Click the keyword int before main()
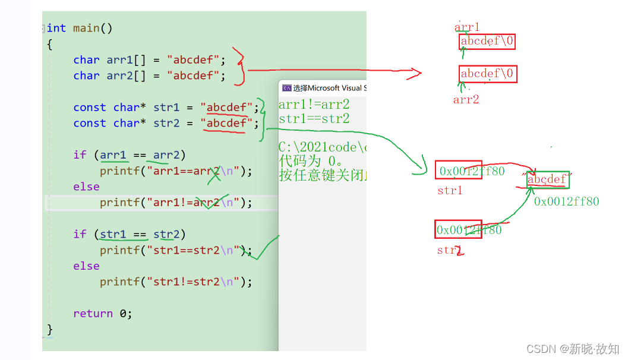pyautogui.click(x=56, y=28)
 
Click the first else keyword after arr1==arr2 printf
pyautogui.click(x=86, y=187)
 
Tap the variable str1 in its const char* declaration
pyautogui.click(x=166, y=108)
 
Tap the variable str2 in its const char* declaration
pyautogui.click(x=166, y=123)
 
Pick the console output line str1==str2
pyautogui.click(x=314, y=119)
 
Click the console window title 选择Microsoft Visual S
pyautogui.click(x=324, y=88)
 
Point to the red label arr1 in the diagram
pyautogui.click(x=467, y=27)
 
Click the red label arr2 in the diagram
pyautogui.click(x=466, y=100)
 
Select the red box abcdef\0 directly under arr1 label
pyautogui.click(x=487, y=42)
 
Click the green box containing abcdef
pyautogui.click(x=548, y=179)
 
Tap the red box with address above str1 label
pyautogui.click(x=458, y=171)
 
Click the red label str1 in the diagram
pyautogui.click(x=449, y=191)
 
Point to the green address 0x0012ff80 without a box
pyautogui.click(x=566, y=201)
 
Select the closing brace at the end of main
pyautogui.click(x=50, y=329)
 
